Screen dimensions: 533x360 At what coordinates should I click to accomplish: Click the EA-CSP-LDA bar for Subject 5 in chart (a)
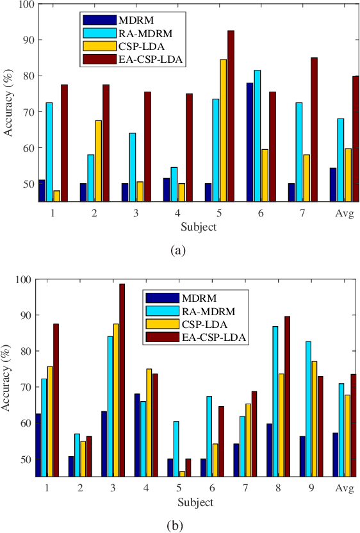coord(231,116)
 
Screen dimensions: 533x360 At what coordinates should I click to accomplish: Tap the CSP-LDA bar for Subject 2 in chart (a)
coord(99,161)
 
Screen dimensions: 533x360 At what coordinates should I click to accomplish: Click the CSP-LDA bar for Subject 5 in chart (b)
coord(183,473)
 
